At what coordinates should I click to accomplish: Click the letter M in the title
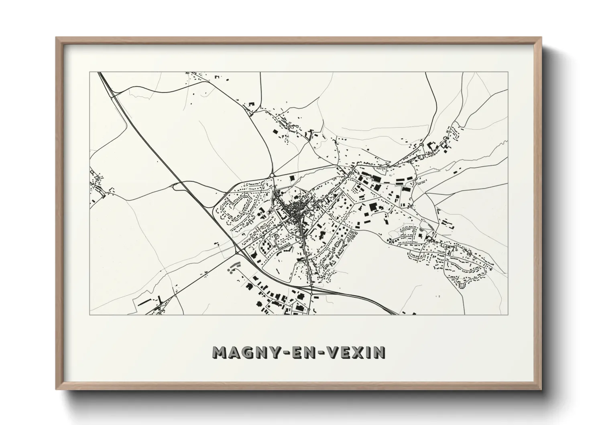point(221,352)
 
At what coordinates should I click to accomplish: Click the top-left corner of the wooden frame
point(56,38)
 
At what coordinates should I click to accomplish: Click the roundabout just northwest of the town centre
point(272,175)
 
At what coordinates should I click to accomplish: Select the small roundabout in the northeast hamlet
point(421,145)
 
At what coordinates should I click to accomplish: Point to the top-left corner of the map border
point(90,72)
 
